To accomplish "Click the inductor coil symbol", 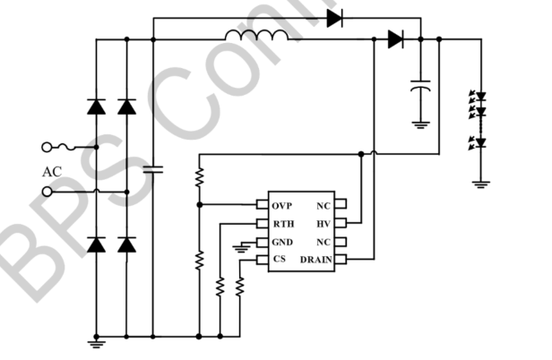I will coord(256,36).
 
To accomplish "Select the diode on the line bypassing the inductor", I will coord(336,18).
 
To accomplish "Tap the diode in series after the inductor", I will coord(395,39).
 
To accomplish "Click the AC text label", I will coord(54,170).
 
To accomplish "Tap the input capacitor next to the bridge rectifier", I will coord(153,167).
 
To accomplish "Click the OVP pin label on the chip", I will coord(282,206).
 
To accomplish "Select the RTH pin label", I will coord(282,224).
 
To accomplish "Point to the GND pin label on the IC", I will coord(282,243).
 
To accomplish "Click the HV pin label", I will coord(324,224).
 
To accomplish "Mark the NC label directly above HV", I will coord(323,206).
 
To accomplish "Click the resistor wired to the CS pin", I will coord(239,287).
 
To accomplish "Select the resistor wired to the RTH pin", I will coord(220,287).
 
